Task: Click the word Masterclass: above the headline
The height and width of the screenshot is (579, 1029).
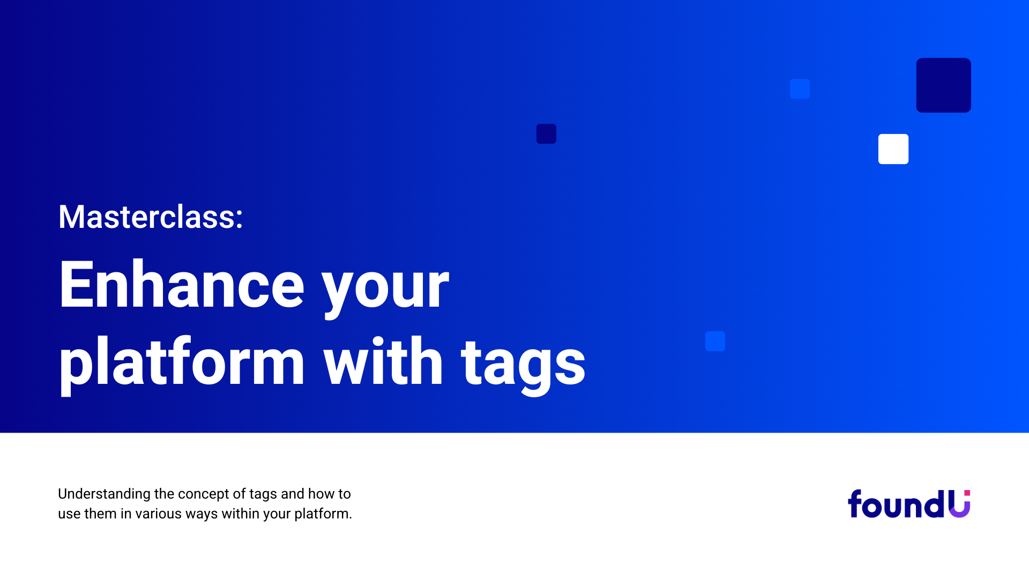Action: pyautogui.click(x=151, y=217)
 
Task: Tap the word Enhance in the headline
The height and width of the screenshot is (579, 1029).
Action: pyautogui.click(x=182, y=284)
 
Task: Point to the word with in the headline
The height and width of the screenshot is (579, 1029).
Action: pyautogui.click(x=383, y=360)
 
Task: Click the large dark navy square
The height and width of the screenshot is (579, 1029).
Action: pyautogui.click(x=943, y=85)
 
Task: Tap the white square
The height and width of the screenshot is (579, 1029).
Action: pyautogui.click(x=893, y=149)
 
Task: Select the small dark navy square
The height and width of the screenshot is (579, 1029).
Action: pyautogui.click(x=546, y=133)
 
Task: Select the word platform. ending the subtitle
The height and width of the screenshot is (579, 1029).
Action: pyautogui.click(x=323, y=514)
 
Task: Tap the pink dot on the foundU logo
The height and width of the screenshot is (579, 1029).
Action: pyautogui.click(x=967, y=493)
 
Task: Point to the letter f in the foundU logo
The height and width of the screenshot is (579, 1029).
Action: pyautogui.click(x=856, y=503)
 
